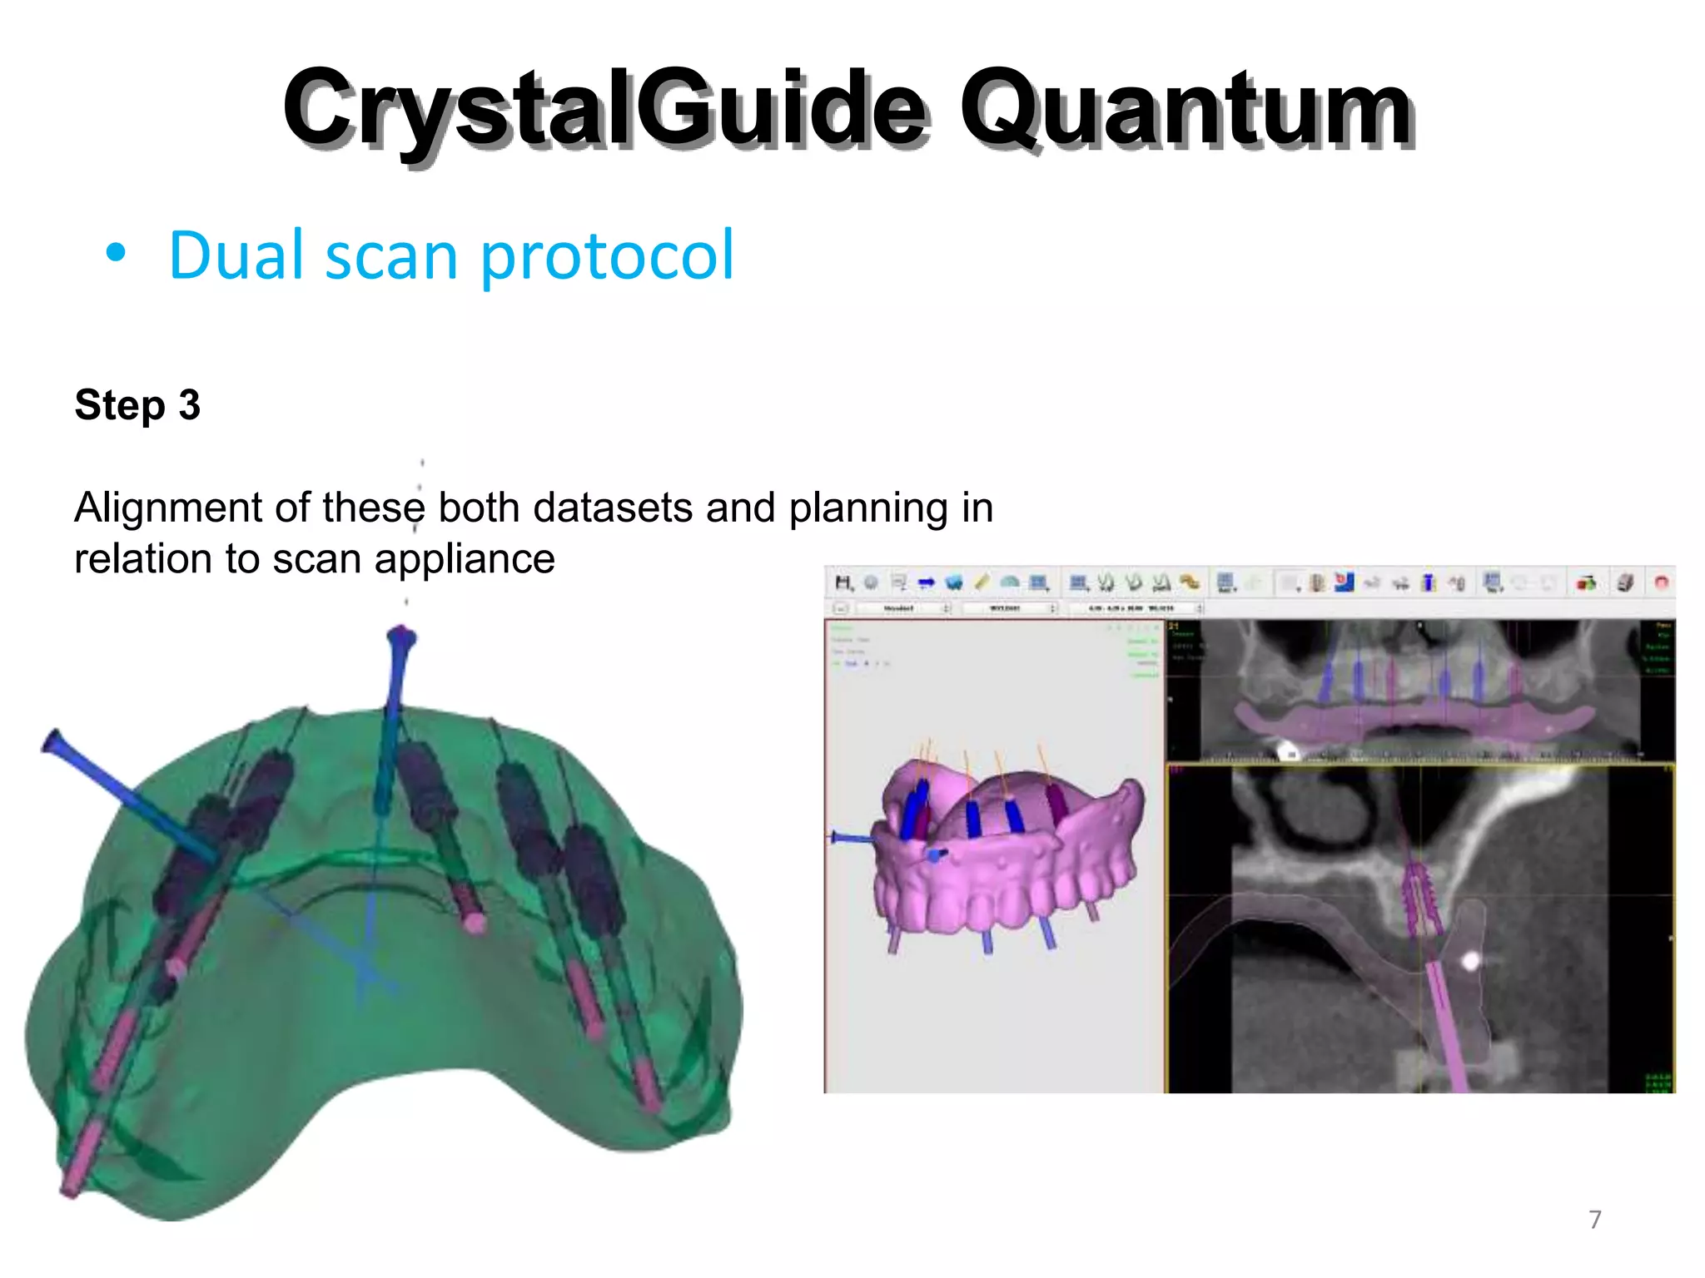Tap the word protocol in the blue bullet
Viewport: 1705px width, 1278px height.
(x=607, y=255)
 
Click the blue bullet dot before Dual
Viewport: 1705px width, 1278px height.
(x=116, y=253)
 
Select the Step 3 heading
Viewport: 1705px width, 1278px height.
(x=137, y=405)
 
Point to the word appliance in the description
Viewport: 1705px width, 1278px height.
(x=464, y=559)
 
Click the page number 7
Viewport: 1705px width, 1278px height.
(x=1594, y=1220)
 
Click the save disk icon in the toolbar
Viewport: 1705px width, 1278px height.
(x=843, y=582)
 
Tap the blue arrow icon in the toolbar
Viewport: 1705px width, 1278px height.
(x=926, y=582)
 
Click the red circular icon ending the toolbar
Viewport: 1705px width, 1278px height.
(x=1661, y=582)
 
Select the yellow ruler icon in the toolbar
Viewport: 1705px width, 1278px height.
(x=982, y=582)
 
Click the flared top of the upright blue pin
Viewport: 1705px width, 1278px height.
(x=401, y=638)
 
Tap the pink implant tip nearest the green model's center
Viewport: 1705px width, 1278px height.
(x=475, y=923)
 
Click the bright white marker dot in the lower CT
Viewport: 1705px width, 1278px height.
(x=1470, y=962)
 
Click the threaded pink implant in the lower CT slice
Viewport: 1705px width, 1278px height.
(x=1420, y=899)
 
